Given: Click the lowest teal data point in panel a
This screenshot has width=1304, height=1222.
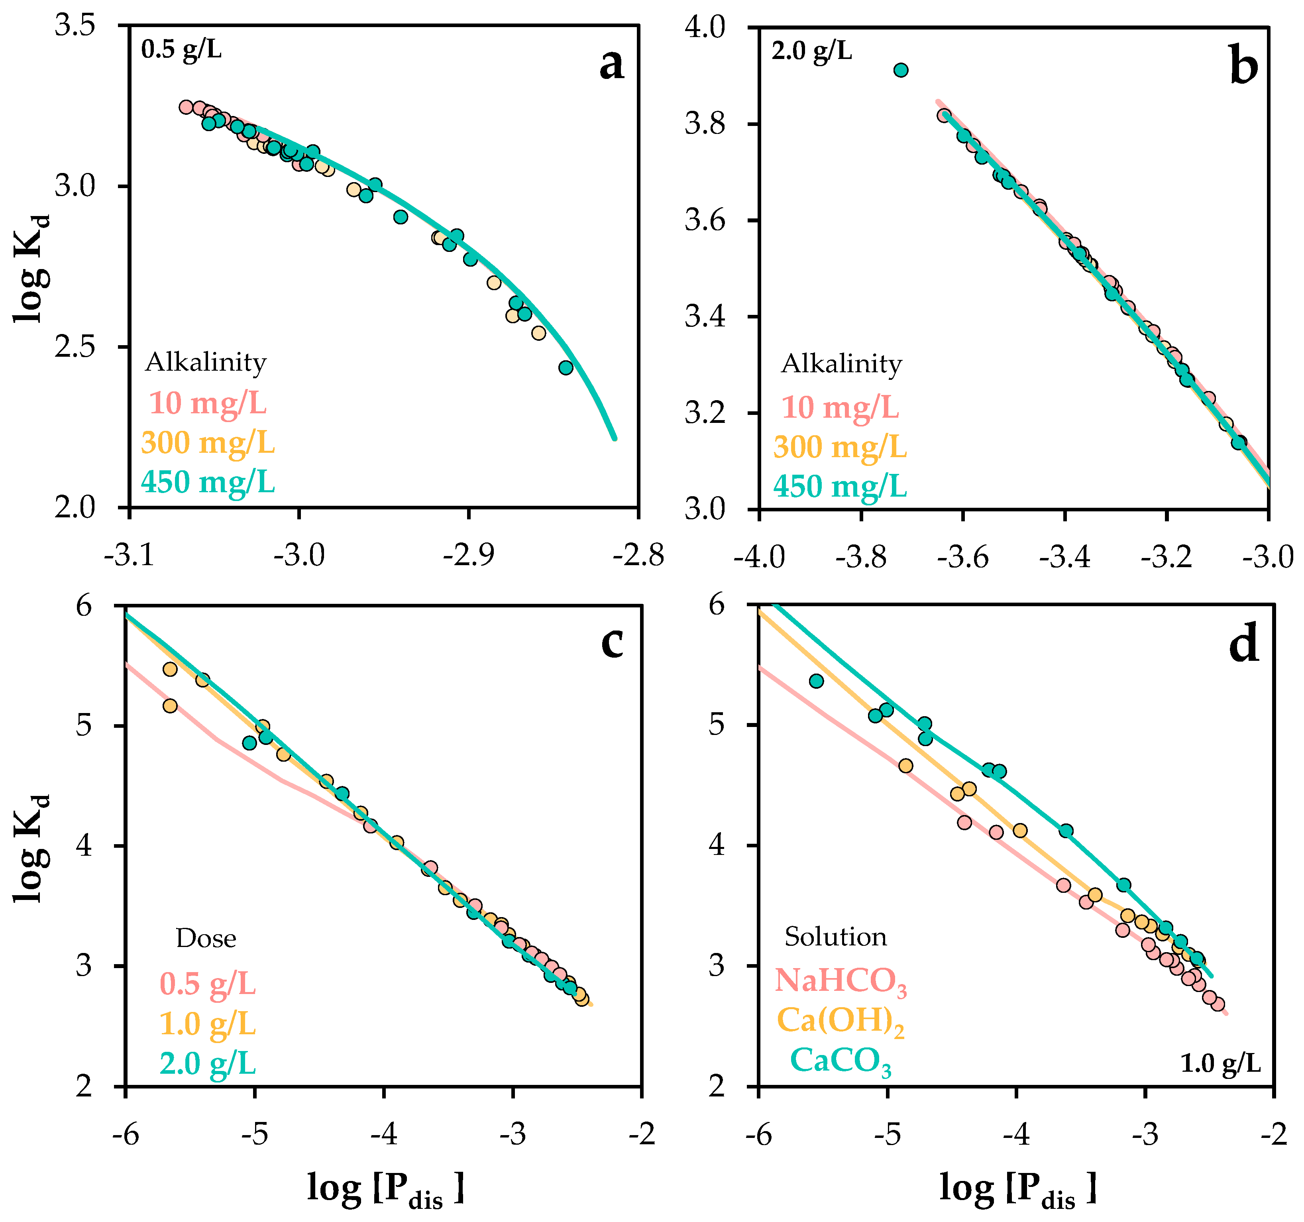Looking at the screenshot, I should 566,368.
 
